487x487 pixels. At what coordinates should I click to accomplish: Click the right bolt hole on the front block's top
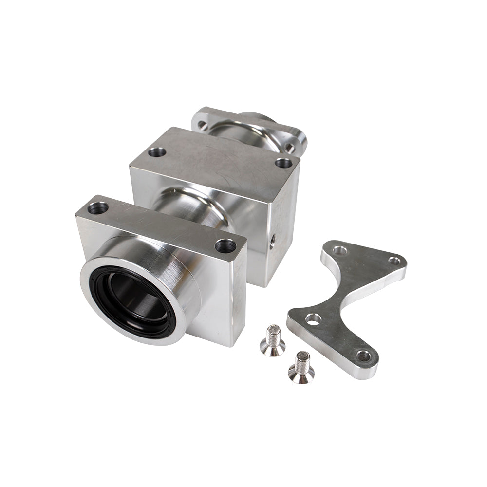click(x=225, y=245)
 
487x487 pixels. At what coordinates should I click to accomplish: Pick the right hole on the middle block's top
click(x=283, y=162)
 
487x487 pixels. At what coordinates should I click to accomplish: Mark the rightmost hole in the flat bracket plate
click(x=395, y=261)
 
